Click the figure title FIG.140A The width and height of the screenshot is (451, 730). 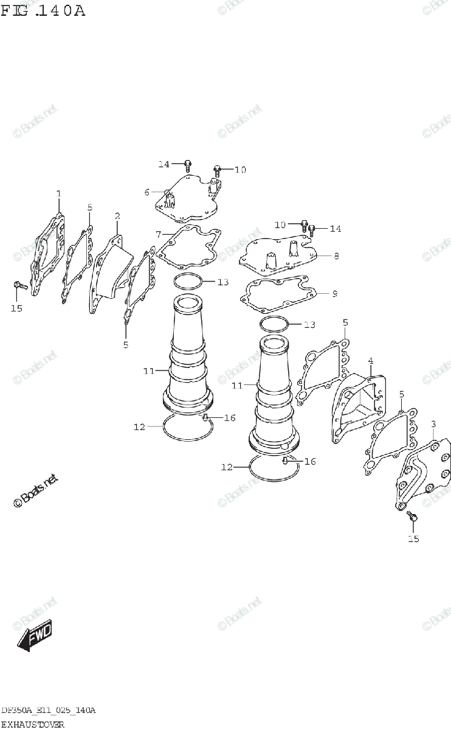(x=43, y=10)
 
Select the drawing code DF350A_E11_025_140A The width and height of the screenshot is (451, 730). (x=48, y=711)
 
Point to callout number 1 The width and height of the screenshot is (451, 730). (x=59, y=194)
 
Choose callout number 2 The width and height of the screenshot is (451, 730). (x=117, y=216)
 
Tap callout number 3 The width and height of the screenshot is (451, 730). (x=433, y=423)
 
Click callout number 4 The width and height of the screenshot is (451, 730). (x=370, y=361)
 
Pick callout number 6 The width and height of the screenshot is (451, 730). (x=146, y=192)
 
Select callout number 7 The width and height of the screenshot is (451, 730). (x=158, y=234)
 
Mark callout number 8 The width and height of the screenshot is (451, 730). (x=336, y=256)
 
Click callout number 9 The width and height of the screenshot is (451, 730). (x=334, y=294)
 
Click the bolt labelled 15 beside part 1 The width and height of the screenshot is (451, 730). (x=18, y=285)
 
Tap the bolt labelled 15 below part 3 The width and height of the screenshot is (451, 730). (x=411, y=516)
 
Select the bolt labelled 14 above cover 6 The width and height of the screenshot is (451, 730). (x=188, y=164)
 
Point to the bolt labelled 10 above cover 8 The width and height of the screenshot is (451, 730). (x=303, y=226)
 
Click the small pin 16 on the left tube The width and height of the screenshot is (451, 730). (x=205, y=417)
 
